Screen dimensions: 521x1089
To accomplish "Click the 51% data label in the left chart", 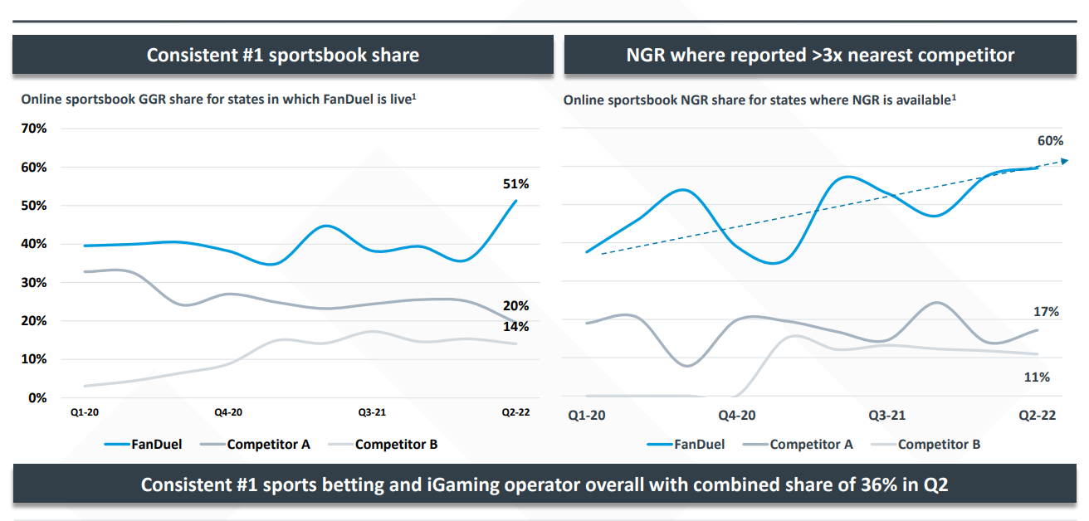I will (515, 184).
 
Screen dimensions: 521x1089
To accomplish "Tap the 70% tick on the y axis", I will (34, 129).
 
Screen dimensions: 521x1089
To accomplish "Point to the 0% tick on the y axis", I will (37, 398).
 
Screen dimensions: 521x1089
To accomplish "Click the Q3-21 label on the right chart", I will (886, 415).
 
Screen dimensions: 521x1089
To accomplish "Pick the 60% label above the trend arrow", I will (1050, 141).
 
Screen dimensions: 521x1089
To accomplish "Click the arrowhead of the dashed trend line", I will (1062, 161).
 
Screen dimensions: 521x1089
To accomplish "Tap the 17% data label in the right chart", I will (1046, 312).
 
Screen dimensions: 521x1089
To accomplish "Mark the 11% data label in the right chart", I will (1037, 377).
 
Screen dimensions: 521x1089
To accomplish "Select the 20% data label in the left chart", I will (515, 306).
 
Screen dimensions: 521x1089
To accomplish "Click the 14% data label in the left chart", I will (515, 327).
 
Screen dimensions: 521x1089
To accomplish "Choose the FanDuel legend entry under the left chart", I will (156, 445).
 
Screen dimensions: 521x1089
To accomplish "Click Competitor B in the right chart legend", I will (939, 445).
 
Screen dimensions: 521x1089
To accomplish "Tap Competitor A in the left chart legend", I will (268, 445).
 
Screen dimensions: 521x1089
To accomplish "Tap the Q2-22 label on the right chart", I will (1037, 415).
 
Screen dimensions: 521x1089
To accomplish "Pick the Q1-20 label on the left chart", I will (85, 412).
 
